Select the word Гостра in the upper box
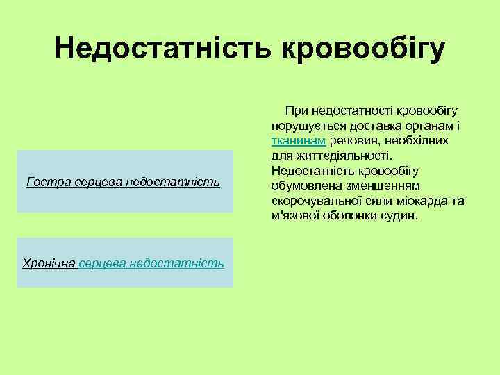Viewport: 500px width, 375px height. tap(44, 182)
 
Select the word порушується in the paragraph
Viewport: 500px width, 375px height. tap(302, 125)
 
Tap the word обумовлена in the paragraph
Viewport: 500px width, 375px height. tap(301, 186)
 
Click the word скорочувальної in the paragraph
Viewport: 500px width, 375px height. tap(310, 201)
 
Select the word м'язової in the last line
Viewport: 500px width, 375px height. tap(294, 216)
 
